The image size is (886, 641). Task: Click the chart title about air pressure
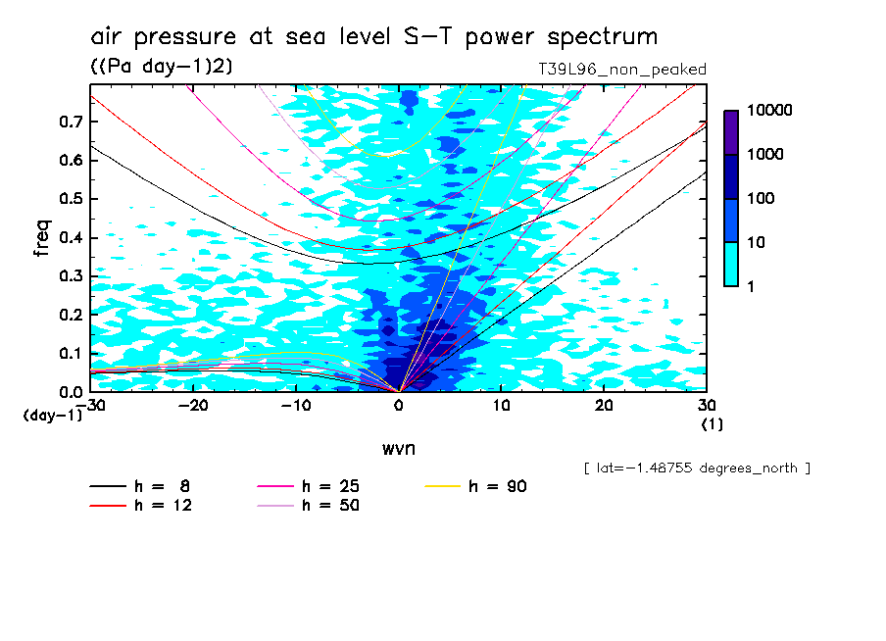click(x=373, y=37)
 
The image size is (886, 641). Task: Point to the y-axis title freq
click(x=41, y=238)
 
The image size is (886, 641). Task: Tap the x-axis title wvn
click(x=398, y=448)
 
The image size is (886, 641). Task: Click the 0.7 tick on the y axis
click(x=69, y=122)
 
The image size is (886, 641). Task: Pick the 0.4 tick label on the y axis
click(x=69, y=238)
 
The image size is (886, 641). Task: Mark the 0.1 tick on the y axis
click(x=69, y=353)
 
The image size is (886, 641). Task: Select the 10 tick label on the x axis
click(x=501, y=405)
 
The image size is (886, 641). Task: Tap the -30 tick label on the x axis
click(x=91, y=405)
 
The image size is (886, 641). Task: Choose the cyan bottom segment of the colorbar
click(x=731, y=264)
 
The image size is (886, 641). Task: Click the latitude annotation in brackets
click(x=697, y=468)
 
